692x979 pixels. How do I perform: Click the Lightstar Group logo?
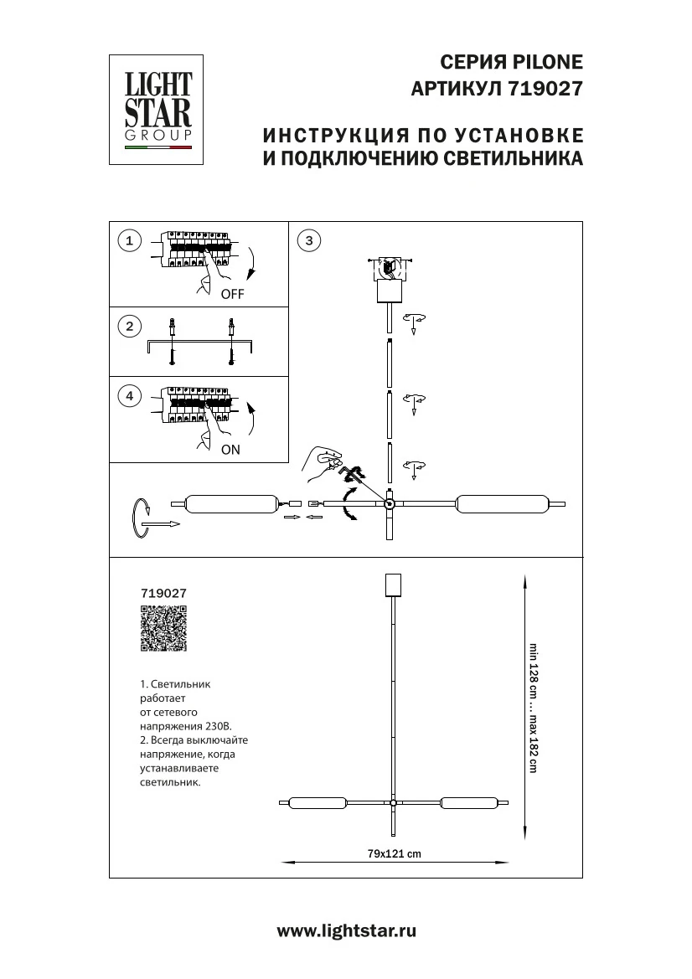point(158,109)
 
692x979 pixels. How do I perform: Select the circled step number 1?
point(129,241)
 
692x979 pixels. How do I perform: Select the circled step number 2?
point(129,326)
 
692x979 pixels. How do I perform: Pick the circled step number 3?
point(309,241)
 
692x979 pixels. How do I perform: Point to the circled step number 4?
point(129,396)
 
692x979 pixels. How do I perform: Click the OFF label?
point(232,295)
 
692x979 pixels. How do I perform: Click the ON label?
point(230,450)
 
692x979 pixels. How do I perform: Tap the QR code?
point(163,628)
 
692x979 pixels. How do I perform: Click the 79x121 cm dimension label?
point(394,853)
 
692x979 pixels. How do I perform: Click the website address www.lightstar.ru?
point(346,930)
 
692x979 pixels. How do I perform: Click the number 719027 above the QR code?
point(163,592)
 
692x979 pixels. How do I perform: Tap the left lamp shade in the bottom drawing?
point(317,803)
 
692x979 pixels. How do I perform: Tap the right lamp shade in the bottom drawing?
point(470,803)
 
